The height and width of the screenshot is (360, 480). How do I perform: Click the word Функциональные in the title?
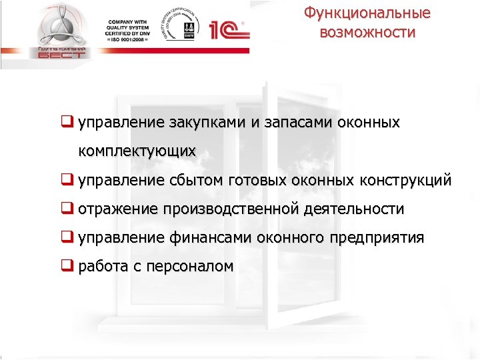coord(367,13)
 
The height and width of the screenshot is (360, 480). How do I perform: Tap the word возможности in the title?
coord(367,33)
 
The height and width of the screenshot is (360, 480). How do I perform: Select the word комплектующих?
coord(137,151)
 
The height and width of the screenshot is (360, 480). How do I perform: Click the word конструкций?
coord(405,180)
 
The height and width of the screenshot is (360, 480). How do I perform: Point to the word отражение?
coord(118,209)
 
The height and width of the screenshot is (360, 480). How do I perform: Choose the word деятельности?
coord(353,209)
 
